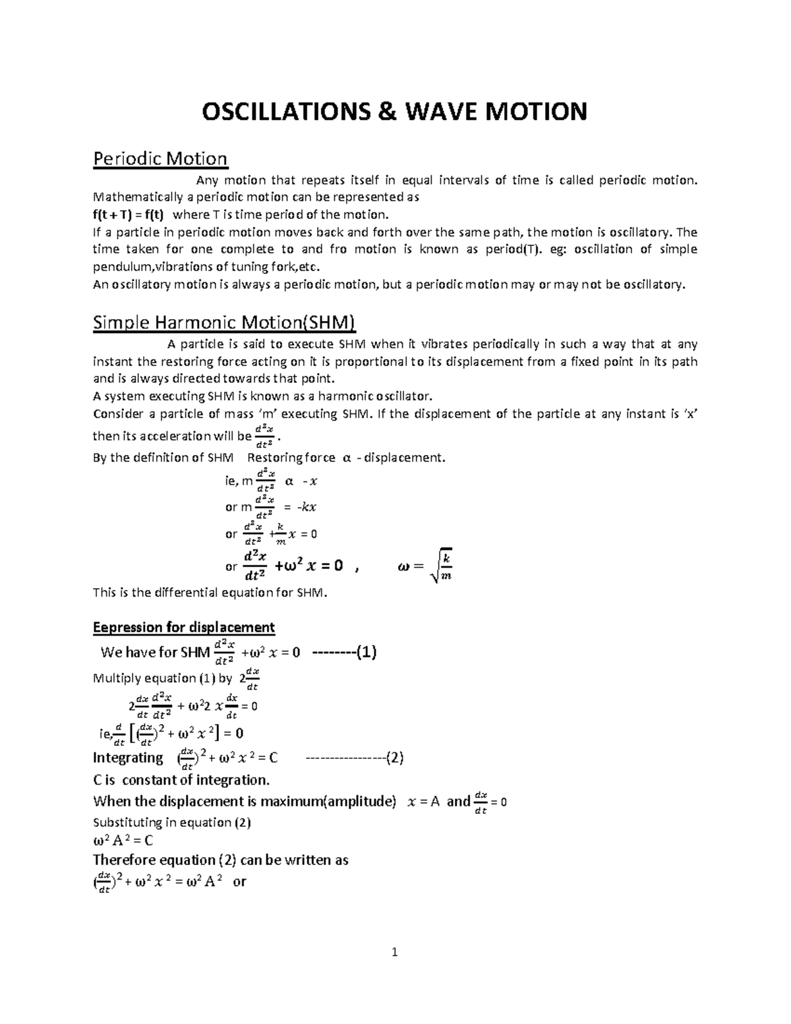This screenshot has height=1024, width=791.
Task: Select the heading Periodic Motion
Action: point(160,159)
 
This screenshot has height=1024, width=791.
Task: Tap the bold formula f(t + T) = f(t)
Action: point(131,214)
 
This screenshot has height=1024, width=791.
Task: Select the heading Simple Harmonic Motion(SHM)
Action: point(225,322)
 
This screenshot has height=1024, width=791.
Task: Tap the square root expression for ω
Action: point(440,566)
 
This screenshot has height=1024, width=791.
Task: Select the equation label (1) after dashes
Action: point(366,653)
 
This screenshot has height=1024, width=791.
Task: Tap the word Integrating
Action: point(128,758)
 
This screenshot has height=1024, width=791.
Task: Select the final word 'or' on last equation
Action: point(239,882)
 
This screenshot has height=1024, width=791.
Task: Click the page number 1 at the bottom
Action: point(395,952)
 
